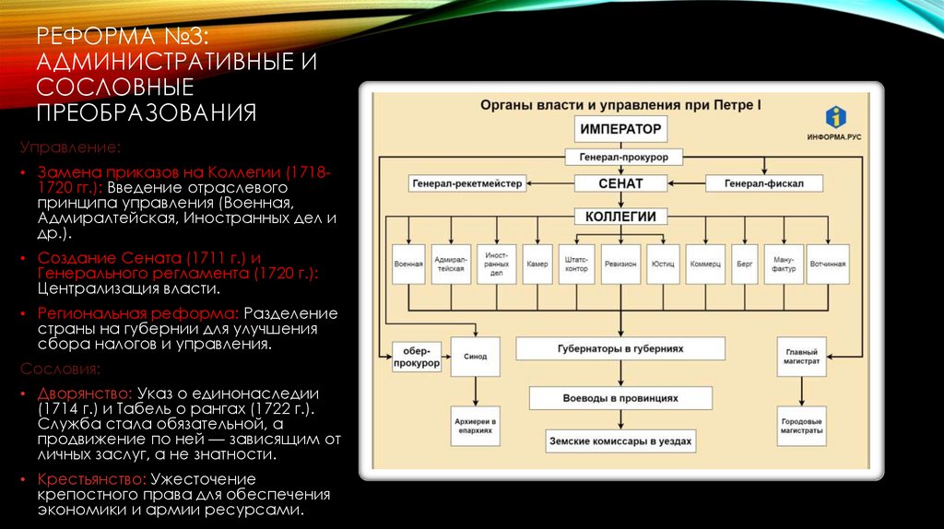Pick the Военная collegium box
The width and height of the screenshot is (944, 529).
(x=408, y=264)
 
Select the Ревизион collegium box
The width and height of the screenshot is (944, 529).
(x=619, y=264)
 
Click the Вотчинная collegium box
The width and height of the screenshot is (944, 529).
(x=826, y=264)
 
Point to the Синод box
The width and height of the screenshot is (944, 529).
(x=476, y=355)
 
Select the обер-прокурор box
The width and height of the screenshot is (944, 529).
(x=418, y=358)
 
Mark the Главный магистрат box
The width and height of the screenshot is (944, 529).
(x=801, y=356)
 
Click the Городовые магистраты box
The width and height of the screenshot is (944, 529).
(x=801, y=427)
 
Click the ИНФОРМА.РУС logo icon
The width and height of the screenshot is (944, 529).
(x=835, y=118)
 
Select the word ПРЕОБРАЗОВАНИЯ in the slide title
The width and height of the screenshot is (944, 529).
(x=147, y=112)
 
